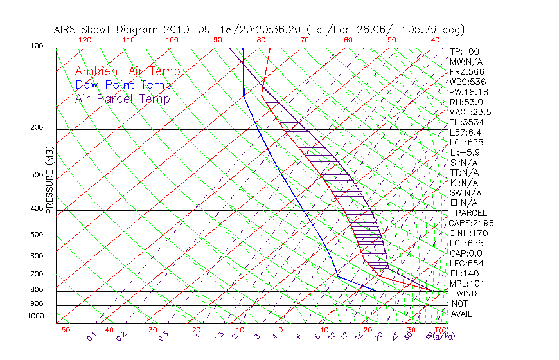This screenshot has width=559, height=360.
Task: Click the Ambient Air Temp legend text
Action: pos(127,71)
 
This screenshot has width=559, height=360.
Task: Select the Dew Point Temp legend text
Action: pos(123,85)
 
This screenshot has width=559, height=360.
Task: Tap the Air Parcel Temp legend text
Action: pos(122,98)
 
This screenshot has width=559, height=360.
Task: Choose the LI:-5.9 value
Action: pos(465,152)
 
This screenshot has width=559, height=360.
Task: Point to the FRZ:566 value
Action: pos(467,71)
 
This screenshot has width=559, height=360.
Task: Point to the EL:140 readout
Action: pos(463,273)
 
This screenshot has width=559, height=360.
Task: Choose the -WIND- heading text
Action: pos(467,293)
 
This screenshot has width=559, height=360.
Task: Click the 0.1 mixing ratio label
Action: pos(91,335)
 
